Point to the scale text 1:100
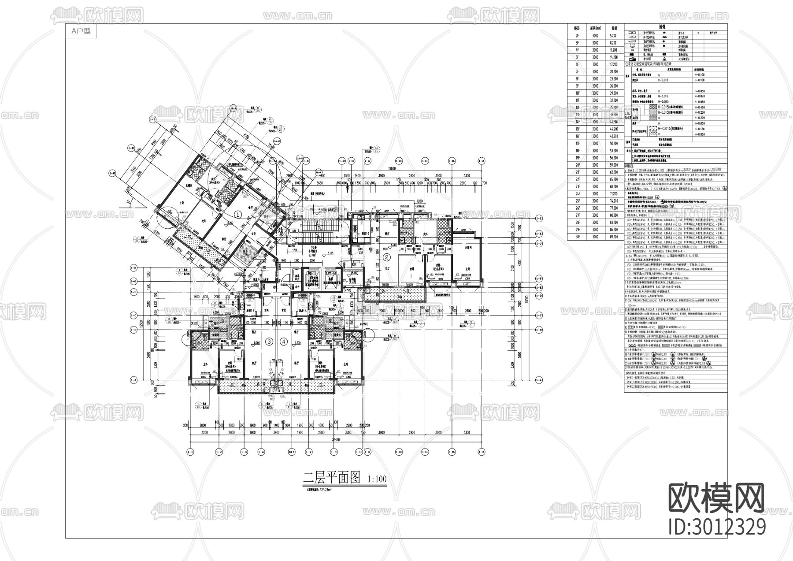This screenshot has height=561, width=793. (376, 479)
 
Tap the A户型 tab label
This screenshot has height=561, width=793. (80, 31)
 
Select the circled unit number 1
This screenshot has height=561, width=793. (238, 215)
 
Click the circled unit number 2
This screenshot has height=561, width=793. (387, 257)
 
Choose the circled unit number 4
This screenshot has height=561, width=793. (284, 342)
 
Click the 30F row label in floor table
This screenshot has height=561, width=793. (577, 237)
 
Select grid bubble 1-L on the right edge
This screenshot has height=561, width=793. (538, 219)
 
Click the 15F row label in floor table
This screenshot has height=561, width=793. (577, 129)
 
